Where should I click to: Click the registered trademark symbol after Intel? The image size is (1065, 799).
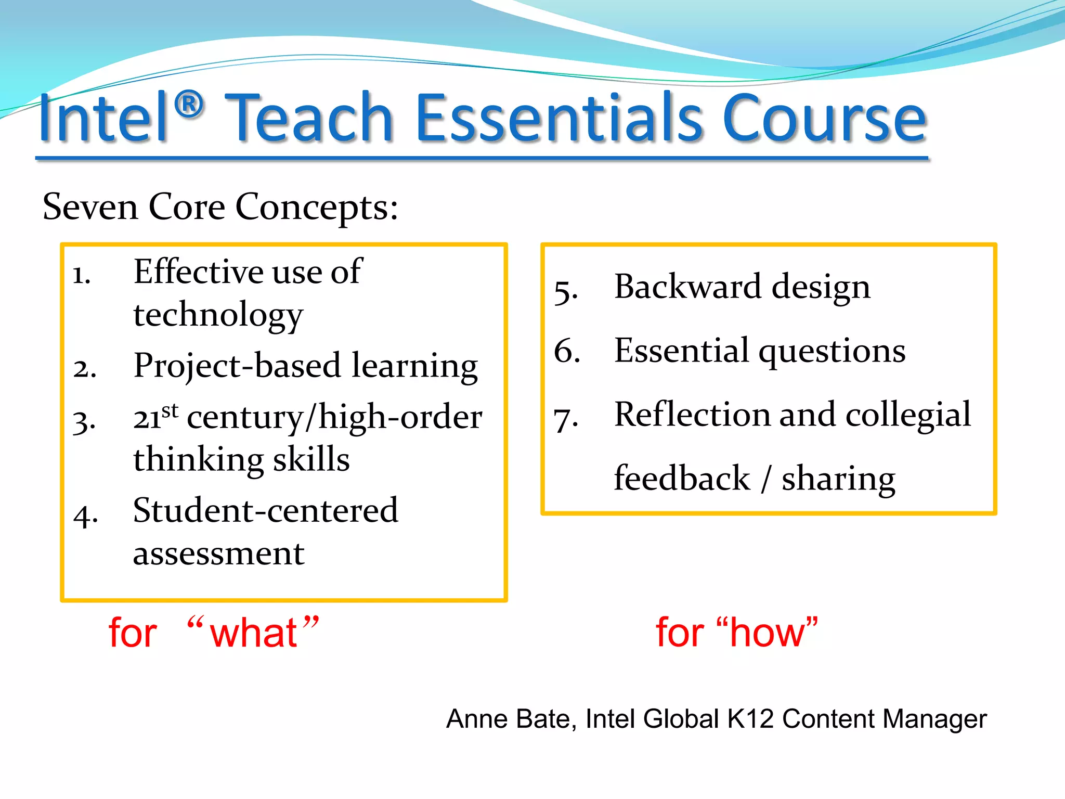click(x=189, y=105)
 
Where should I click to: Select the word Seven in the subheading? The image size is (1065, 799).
click(x=90, y=207)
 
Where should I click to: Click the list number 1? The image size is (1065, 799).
click(x=82, y=275)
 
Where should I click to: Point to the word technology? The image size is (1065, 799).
click(x=218, y=315)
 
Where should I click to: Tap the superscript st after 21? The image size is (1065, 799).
click(x=170, y=410)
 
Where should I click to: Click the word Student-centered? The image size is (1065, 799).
click(x=265, y=510)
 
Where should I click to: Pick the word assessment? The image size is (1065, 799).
click(x=218, y=553)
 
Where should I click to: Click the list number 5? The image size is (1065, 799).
click(x=565, y=291)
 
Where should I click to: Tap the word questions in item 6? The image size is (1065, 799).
click(x=832, y=352)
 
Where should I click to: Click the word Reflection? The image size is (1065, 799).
click(x=692, y=415)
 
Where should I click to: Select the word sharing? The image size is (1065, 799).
click(x=838, y=479)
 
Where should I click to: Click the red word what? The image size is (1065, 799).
click(x=253, y=633)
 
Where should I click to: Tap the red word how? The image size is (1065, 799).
click(x=767, y=633)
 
